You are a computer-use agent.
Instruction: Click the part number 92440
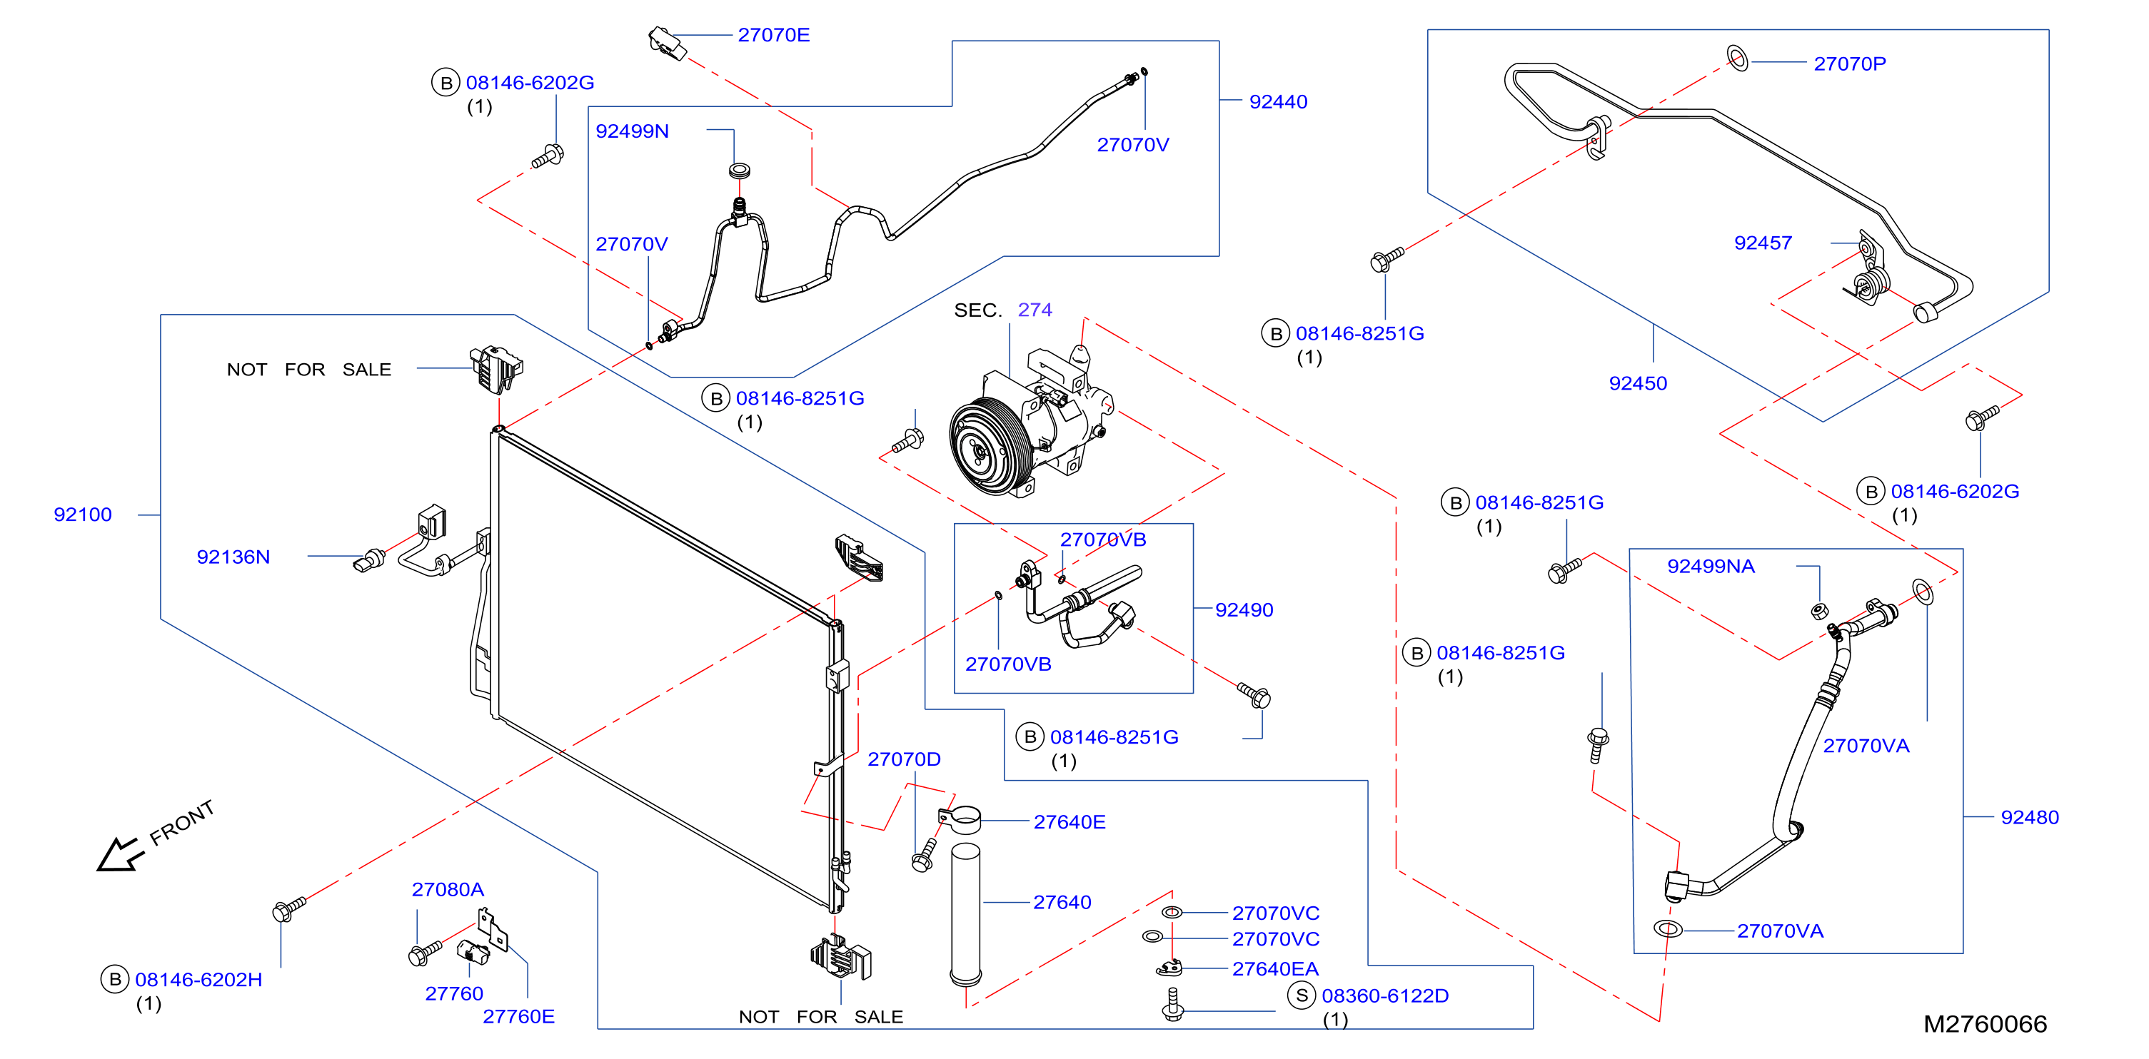click(x=1278, y=102)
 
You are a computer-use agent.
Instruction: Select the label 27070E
click(x=773, y=35)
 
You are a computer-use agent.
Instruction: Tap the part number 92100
click(x=83, y=515)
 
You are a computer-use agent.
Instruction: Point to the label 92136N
click(x=233, y=557)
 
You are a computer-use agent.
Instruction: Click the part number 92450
click(x=1638, y=384)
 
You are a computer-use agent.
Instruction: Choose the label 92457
click(x=1763, y=243)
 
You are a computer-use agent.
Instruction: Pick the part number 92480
click(x=2030, y=817)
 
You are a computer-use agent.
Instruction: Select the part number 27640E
click(x=1070, y=822)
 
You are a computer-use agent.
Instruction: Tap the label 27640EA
click(x=1276, y=969)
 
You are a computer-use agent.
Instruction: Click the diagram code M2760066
click(x=1985, y=1024)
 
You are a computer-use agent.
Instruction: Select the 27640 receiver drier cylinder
click(x=966, y=914)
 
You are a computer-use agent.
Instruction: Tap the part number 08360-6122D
click(x=1385, y=995)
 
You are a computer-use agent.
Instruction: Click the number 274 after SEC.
click(x=1035, y=310)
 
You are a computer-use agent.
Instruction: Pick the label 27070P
click(x=1850, y=64)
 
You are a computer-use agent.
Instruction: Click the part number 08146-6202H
click(x=198, y=980)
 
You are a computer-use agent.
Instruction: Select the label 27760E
click(x=518, y=1016)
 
